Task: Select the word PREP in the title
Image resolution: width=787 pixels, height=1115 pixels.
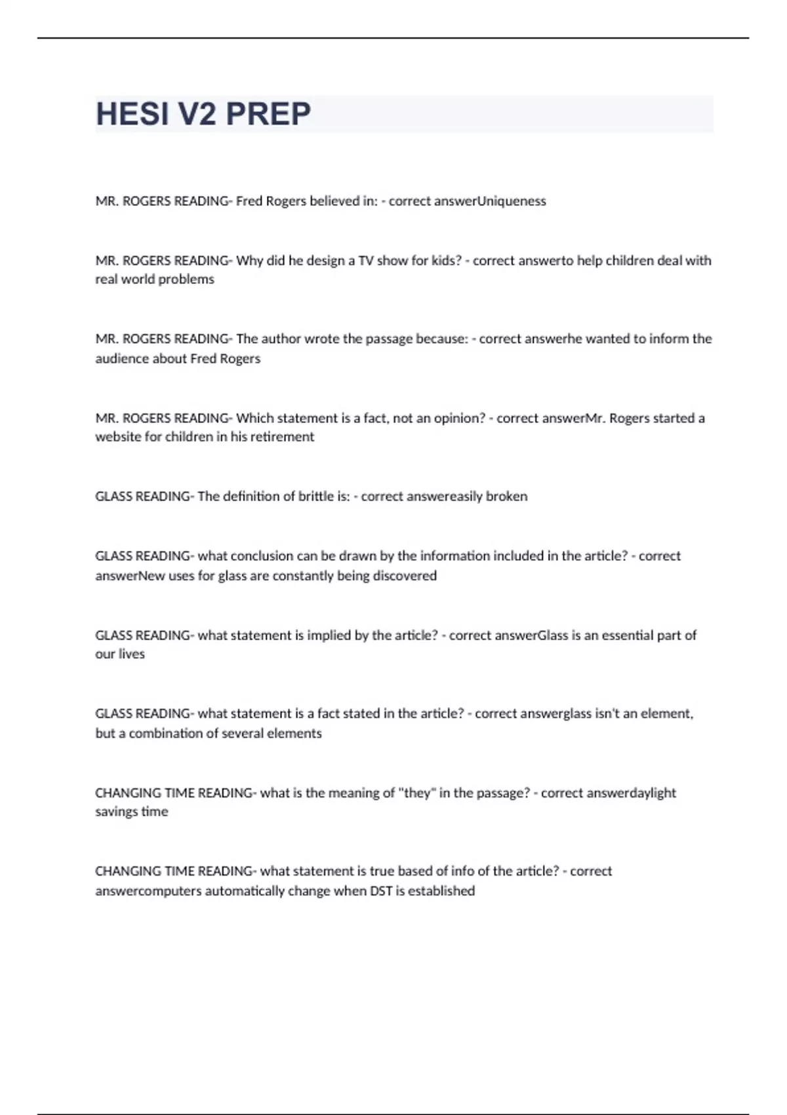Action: [x=268, y=114]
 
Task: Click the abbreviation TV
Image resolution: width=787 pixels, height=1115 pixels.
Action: [x=365, y=260]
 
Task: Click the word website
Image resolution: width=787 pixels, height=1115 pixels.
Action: [x=118, y=437]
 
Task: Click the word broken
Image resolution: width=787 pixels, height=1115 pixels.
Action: [x=506, y=497]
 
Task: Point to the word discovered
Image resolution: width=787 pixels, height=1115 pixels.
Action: [x=405, y=576]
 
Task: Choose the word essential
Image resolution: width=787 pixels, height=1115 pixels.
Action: [x=632, y=635]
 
